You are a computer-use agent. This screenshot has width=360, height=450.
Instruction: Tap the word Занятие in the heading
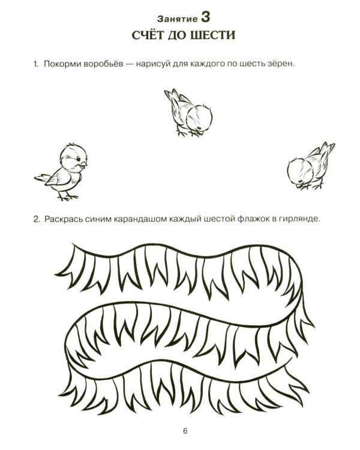[178, 19]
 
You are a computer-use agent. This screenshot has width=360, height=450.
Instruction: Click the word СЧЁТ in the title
[146, 35]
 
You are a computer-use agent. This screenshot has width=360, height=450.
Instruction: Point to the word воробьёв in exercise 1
[104, 64]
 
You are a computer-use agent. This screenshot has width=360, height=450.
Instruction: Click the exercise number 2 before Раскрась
[36, 220]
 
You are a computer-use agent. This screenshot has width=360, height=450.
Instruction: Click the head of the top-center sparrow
[200, 118]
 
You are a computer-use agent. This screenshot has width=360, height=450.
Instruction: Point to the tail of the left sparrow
[44, 178]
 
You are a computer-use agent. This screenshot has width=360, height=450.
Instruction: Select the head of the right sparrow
[300, 172]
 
